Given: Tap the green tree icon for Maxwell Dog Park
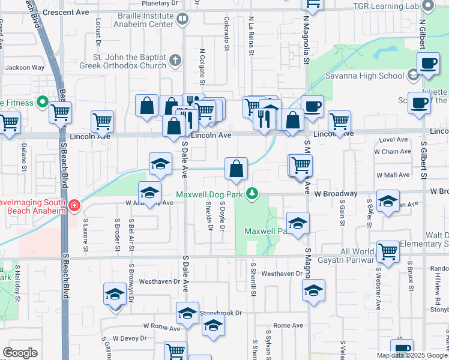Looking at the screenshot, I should (x=253, y=193).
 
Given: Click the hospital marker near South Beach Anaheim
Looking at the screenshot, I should (x=73, y=206).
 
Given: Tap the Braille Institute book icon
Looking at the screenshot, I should (x=181, y=19).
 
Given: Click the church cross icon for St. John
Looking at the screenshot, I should (x=175, y=60).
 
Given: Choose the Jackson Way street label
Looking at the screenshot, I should (x=25, y=68).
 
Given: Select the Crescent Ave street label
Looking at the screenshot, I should (x=67, y=11).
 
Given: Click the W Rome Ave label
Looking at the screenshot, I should (x=161, y=328).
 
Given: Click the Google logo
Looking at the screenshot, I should (x=20, y=353).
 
